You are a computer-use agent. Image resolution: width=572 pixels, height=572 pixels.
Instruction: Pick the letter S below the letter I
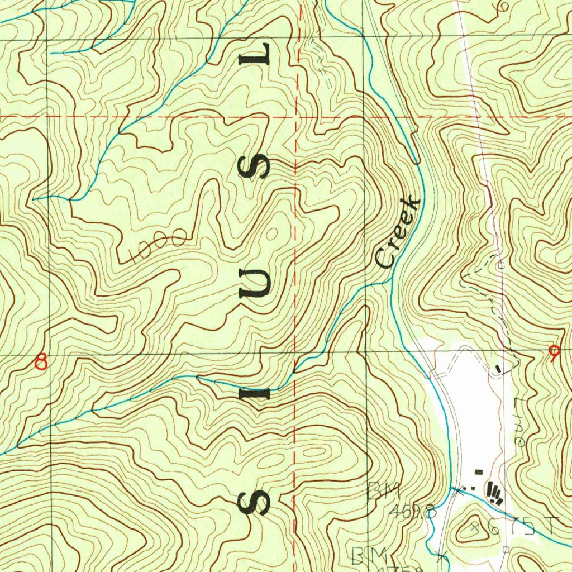coord(255,504)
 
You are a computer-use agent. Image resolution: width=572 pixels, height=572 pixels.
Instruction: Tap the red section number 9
coord(554,354)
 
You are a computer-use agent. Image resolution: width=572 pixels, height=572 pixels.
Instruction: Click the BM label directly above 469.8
coord(383,492)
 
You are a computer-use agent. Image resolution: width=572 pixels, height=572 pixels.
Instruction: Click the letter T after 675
coord(552,526)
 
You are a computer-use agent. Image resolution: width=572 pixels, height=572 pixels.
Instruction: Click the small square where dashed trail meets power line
coord(501,266)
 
